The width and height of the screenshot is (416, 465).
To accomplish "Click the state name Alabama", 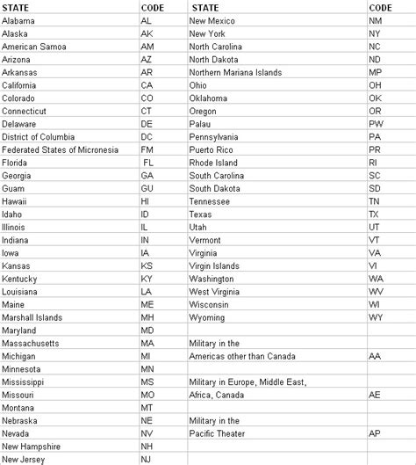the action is click(x=20, y=19).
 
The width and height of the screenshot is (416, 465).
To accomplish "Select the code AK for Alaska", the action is click(x=147, y=33).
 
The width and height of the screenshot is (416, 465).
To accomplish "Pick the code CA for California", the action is click(x=147, y=85).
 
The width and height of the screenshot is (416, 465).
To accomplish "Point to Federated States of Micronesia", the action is click(x=60, y=150).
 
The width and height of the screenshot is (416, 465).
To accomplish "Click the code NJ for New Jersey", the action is click(x=147, y=459).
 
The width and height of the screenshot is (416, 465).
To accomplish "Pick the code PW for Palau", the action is click(x=375, y=124).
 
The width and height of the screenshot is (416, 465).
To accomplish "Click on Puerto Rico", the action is click(x=213, y=150).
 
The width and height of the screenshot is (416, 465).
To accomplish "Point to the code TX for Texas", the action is click(x=374, y=214).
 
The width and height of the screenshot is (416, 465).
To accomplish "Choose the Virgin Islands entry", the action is click(x=214, y=265).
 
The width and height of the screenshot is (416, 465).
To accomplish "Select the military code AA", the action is click(x=375, y=356).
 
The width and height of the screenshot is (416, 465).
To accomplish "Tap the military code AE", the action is click(x=375, y=396).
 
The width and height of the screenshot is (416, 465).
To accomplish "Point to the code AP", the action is click(x=375, y=434).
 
